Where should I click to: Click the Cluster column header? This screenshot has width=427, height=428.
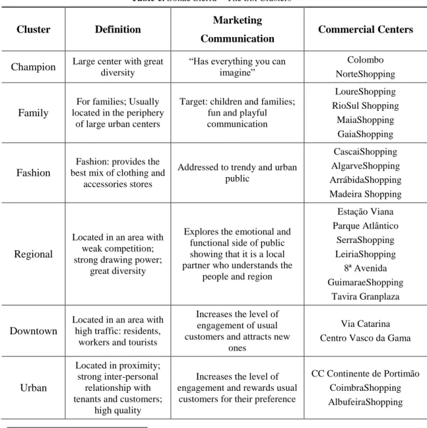(33, 29)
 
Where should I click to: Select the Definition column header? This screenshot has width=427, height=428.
(118, 29)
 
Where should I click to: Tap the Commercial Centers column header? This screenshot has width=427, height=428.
(366, 29)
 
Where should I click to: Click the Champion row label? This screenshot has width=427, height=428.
(33, 67)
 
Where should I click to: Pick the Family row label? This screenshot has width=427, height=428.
(33, 113)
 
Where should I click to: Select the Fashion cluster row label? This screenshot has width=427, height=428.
(33, 173)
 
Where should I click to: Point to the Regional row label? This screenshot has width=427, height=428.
(33, 254)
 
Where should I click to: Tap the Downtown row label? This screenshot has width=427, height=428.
(33, 331)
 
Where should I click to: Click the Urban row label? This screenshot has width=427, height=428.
(33, 388)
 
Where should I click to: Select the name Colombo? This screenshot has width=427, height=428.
(366, 60)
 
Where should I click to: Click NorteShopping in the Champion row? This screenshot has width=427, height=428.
(366, 74)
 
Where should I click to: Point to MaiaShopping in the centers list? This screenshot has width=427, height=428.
(366, 120)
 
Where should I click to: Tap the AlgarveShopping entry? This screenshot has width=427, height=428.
(366, 165)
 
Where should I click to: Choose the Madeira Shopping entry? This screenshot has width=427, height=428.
(366, 194)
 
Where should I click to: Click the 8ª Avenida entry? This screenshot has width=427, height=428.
(366, 268)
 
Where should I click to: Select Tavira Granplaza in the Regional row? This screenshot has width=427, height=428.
(366, 296)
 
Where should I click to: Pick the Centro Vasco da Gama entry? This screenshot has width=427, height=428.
(366, 338)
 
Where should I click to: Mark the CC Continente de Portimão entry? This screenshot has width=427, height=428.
(366, 373)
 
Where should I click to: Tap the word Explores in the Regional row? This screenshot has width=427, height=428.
(201, 232)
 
